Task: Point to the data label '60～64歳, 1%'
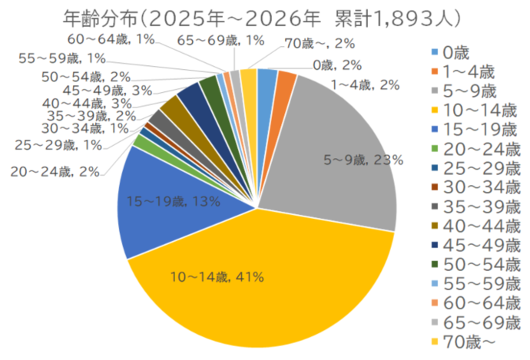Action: click(x=110, y=41)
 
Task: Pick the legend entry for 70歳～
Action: click(x=472, y=340)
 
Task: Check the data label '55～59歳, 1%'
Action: click(x=73, y=58)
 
